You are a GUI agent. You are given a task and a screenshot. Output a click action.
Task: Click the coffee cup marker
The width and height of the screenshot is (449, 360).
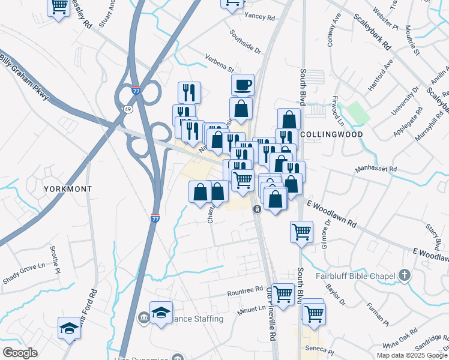tap(243, 85)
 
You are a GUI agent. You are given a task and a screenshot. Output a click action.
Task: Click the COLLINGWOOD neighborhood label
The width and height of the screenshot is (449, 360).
tap(331, 134)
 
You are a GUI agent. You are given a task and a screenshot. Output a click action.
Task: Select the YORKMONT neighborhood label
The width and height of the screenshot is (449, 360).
tap(68, 188)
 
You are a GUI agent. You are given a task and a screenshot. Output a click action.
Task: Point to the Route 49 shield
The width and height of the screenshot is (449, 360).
tap(128, 109)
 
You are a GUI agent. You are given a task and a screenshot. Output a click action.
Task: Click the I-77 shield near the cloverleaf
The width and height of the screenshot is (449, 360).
tap(136, 89)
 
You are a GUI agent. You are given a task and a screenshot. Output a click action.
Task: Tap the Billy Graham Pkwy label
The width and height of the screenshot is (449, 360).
tap(23, 67)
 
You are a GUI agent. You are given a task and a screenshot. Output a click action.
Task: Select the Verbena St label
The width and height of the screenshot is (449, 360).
tap(220, 63)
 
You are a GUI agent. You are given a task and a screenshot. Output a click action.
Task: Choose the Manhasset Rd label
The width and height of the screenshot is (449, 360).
tap(376, 169)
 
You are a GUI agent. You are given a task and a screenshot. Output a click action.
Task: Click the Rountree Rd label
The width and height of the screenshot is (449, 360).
tap(246, 293)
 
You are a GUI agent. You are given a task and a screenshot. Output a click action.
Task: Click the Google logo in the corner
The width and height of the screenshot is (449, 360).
tap(20, 353)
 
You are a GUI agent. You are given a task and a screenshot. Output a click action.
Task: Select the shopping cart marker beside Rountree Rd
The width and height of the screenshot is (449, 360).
tap(283, 294)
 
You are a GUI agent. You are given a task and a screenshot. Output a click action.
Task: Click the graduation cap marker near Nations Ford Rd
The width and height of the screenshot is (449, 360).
tap(69, 328)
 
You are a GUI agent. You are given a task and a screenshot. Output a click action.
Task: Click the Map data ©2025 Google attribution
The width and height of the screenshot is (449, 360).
tap(412, 355)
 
